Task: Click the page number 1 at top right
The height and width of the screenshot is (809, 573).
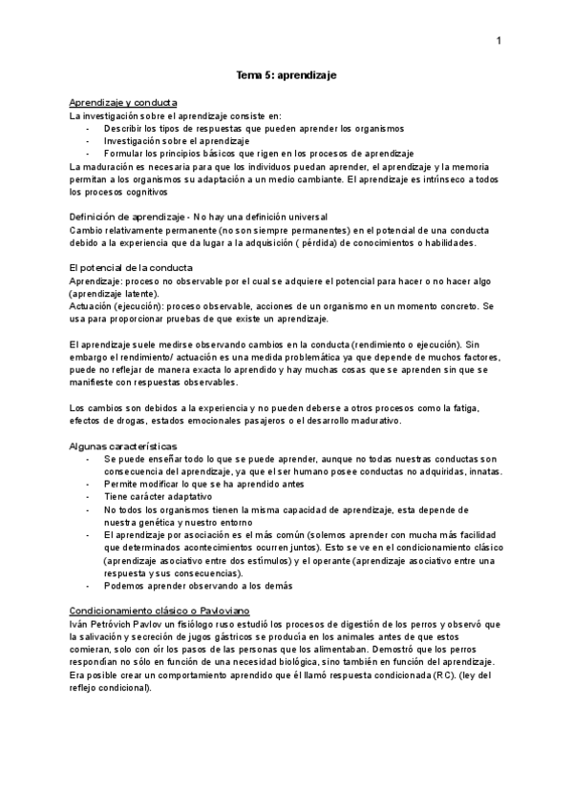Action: pos(499,41)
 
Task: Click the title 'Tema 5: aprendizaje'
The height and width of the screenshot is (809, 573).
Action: pos(286,73)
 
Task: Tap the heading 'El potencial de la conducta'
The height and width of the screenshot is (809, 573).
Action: pos(131,268)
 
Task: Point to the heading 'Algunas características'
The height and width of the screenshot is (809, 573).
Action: pos(122,446)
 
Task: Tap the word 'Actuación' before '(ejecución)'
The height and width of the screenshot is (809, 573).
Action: pos(95,305)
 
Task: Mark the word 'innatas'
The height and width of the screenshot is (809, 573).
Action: pos(484,472)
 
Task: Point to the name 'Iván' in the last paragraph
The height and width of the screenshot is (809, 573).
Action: pos(81,623)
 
